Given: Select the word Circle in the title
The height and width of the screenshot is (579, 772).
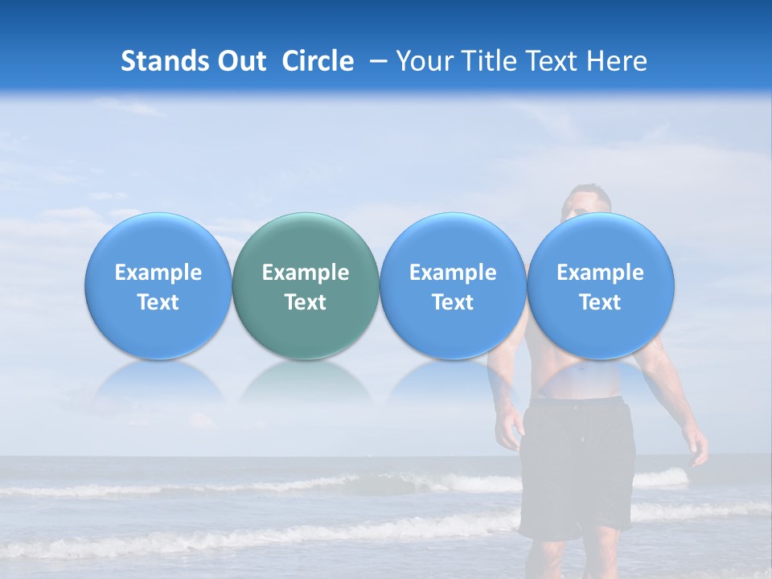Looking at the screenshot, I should pos(318,61).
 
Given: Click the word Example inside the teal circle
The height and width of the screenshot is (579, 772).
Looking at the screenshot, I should pos(306,273).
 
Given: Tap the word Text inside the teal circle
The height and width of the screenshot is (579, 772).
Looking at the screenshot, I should pos(306,302).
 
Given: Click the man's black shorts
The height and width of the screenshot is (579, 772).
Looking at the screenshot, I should pos(577,466).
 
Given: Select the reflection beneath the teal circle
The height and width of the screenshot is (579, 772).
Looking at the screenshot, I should pos(306,381).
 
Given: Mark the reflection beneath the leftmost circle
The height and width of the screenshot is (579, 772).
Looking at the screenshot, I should pos(158,381).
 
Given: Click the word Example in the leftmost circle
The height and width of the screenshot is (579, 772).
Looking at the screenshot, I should pos(158,273).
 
